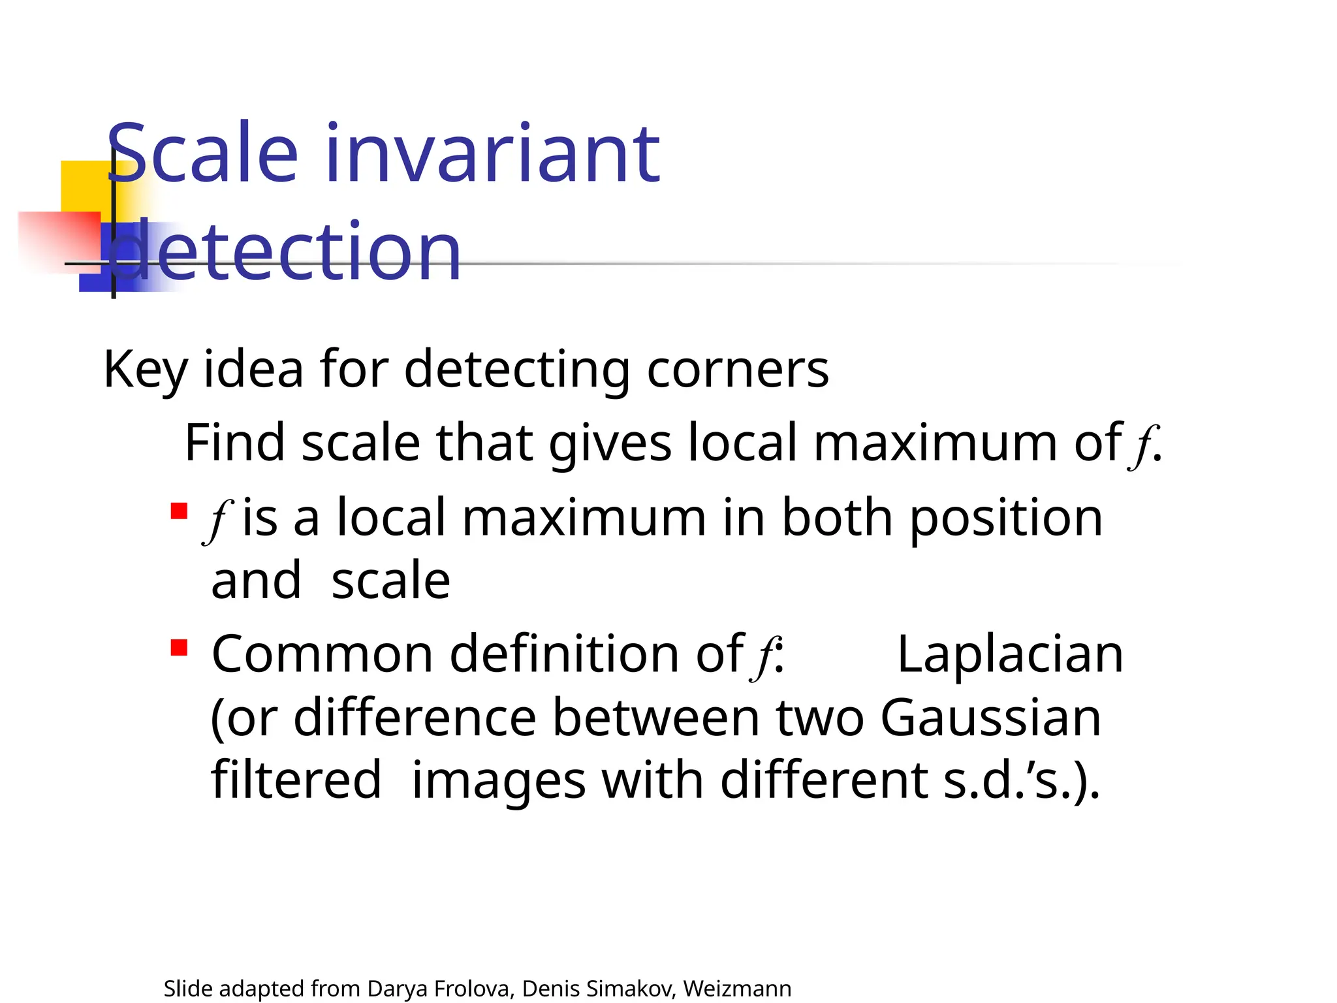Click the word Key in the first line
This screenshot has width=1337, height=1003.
(145, 370)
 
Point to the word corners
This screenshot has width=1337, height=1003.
(738, 370)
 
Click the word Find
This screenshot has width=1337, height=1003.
(235, 443)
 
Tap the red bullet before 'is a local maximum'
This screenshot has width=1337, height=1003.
(179, 511)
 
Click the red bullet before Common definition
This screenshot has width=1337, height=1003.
(179, 648)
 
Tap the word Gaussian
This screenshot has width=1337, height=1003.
(990, 718)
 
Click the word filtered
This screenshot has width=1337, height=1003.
(296, 780)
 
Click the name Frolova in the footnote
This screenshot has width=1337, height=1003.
(474, 989)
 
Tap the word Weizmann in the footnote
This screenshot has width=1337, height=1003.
(737, 989)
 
